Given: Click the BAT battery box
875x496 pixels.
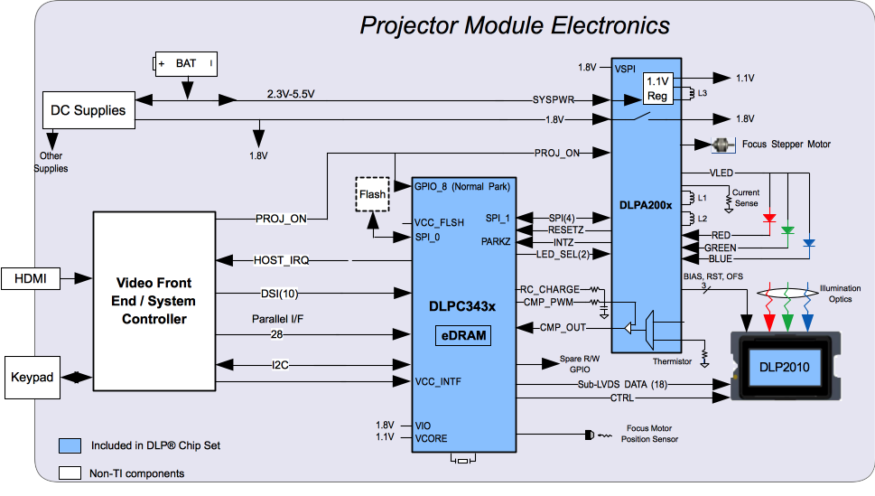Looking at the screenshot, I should [186, 64].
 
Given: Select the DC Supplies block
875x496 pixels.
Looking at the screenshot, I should [88, 111].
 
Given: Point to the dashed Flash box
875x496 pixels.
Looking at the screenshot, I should [371, 194].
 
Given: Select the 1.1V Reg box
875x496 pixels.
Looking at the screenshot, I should [657, 89].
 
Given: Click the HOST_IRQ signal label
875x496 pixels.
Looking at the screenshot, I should [283, 260].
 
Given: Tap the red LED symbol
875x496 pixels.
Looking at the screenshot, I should [768, 218].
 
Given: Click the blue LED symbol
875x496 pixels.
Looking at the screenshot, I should [808, 242].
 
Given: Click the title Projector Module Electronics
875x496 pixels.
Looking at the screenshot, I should [515, 24].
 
